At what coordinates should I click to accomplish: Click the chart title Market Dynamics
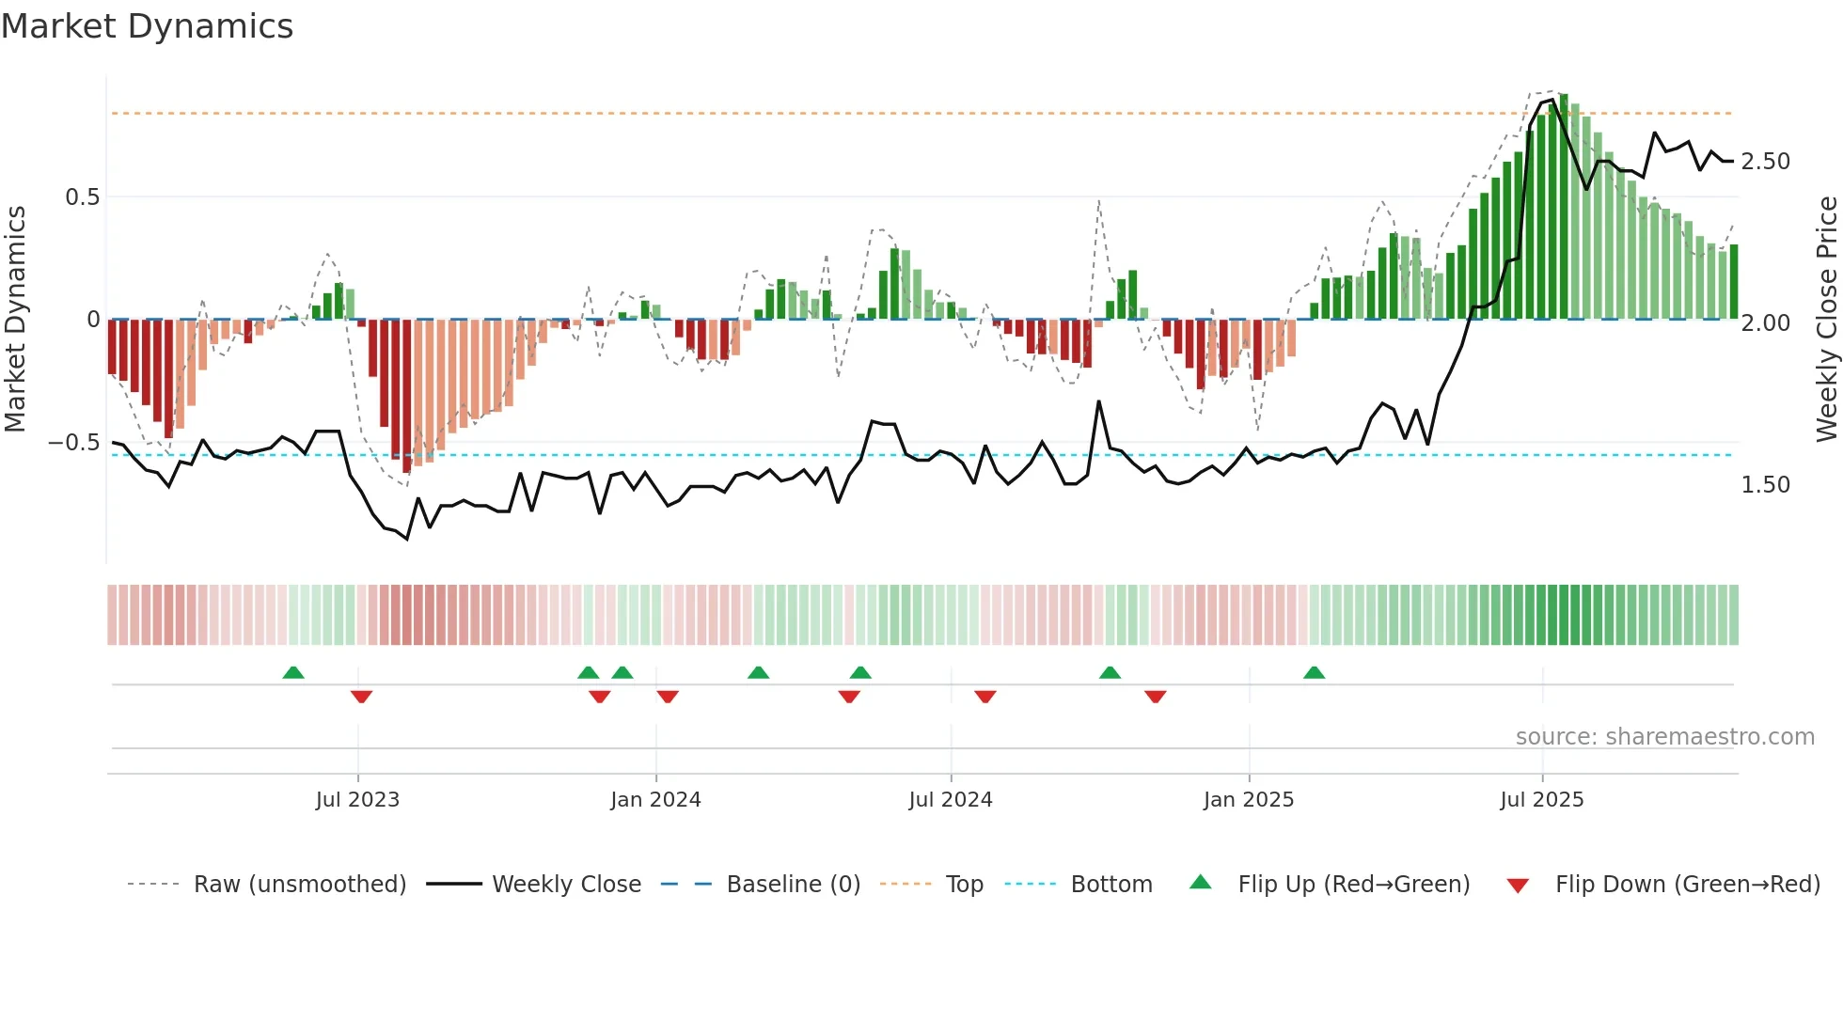click(147, 26)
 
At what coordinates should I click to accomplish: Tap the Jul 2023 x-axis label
click(357, 800)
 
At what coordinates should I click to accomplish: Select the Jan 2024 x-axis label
click(655, 800)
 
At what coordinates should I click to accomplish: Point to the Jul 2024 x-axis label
click(951, 800)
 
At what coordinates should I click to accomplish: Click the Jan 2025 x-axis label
click(1249, 800)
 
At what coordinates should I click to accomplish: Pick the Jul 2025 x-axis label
click(1542, 800)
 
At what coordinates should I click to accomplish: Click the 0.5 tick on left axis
click(82, 197)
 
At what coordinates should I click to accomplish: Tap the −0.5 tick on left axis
click(74, 443)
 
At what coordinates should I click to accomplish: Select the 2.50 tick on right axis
click(1765, 162)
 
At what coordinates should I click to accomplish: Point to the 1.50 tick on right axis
click(1765, 485)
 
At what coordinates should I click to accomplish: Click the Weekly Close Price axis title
click(1826, 320)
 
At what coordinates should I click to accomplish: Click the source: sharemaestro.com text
click(1664, 737)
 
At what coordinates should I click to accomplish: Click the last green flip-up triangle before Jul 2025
click(1314, 672)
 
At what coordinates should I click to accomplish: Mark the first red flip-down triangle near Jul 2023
click(361, 697)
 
